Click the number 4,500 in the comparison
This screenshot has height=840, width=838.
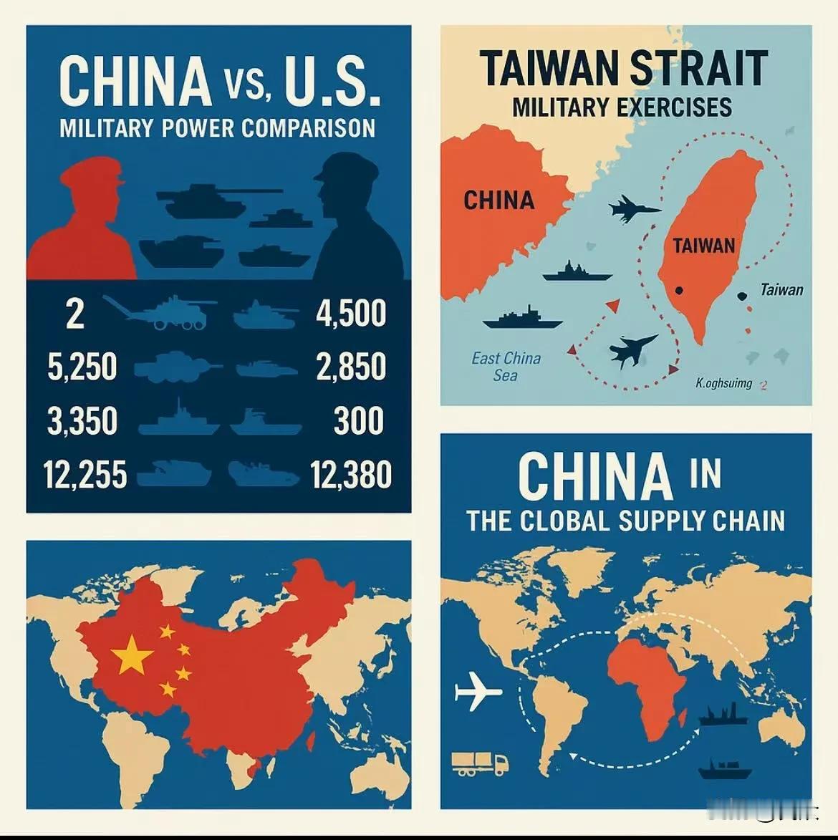(x=351, y=314)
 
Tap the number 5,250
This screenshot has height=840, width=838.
(x=82, y=367)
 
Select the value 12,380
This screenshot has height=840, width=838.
(x=351, y=475)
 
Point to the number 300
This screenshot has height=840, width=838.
(x=358, y=420)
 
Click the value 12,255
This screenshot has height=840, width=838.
(x=85, y=475)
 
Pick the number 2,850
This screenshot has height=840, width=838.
(x=351, y=367)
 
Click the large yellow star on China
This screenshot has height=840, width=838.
(x=133, y=655)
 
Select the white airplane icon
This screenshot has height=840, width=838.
(x=478, y=692)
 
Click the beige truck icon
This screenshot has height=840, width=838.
(x=480, y=763)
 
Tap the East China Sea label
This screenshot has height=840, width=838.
(x=506, y=366)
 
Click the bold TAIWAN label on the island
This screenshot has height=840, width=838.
(x=703, y=246)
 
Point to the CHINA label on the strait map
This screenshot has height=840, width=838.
(x=499, y=201)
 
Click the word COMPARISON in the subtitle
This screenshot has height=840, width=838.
(x=308, y=128)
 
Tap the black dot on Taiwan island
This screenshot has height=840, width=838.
(x=678, y=291)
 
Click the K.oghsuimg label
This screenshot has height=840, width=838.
(x=724, y=383)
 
